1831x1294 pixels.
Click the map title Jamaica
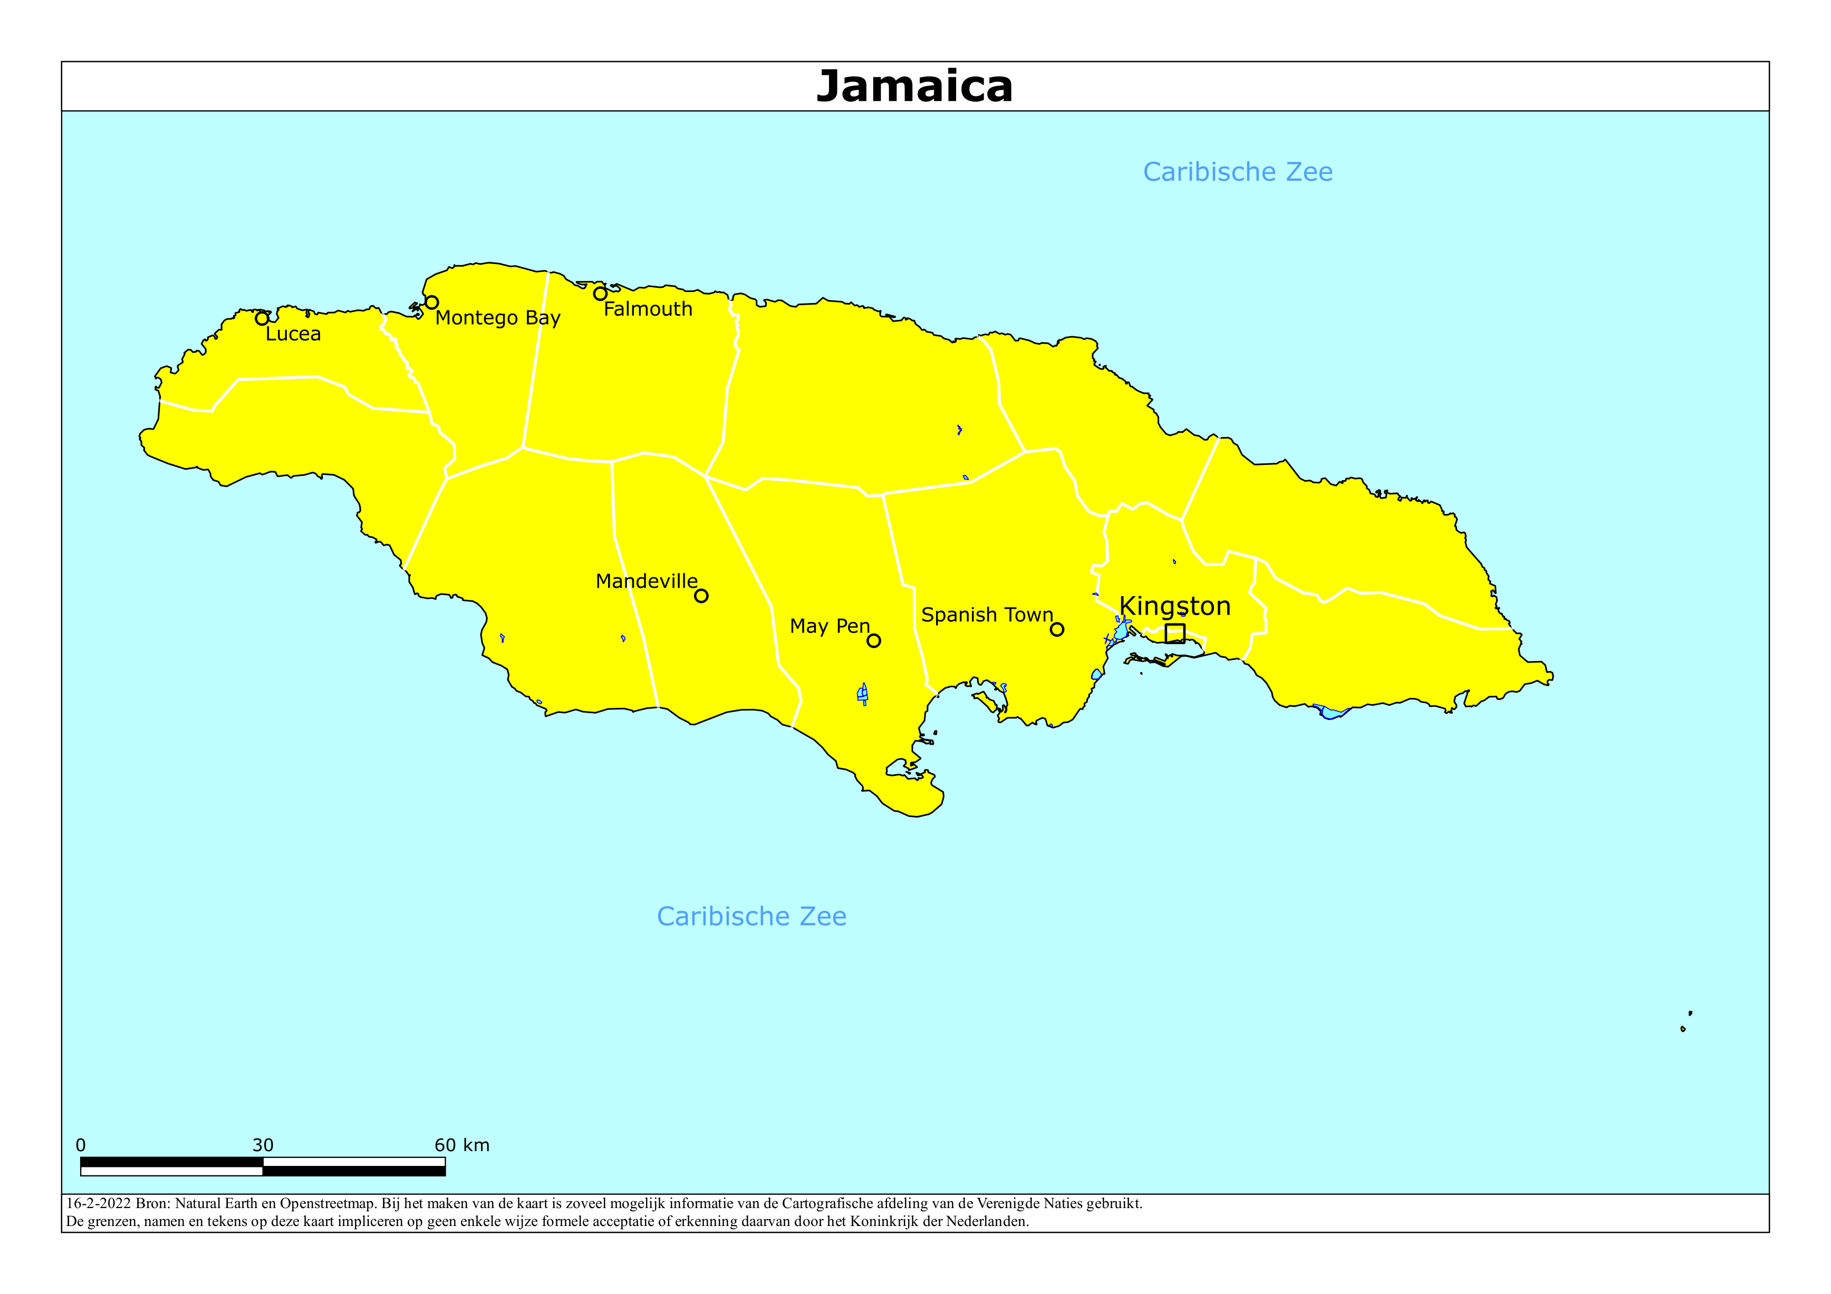[914, 86]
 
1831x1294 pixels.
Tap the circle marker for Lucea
[262, 319]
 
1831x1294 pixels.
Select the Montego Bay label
[498, 318]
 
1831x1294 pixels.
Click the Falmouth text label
[648, 309]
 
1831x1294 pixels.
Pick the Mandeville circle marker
[701, 596]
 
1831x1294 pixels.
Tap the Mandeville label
[646, 581]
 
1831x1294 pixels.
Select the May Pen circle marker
[874, 641]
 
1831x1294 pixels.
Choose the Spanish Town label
[987, 615]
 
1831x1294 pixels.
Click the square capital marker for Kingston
[1174, 633]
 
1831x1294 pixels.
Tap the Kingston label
[1174, 606]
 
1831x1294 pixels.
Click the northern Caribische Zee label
[1238, 172]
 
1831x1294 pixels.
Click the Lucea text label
[293, 334]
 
